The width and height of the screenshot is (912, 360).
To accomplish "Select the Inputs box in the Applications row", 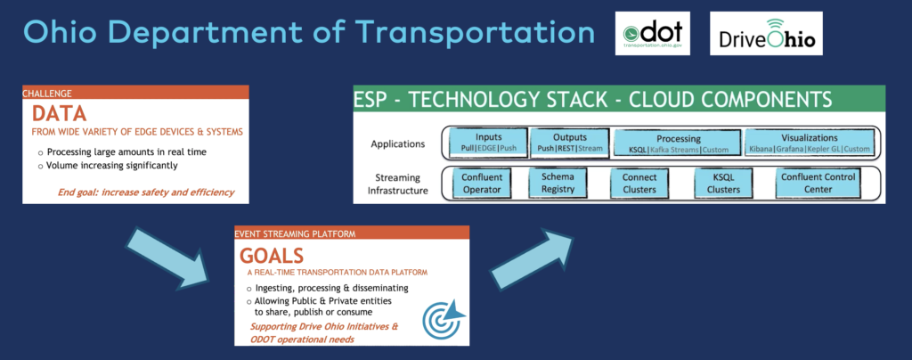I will click(x=483, y=143).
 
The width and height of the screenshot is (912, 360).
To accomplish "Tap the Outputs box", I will click(x=566, y=143).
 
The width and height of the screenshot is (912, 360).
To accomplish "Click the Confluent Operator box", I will click(x=483, y=183).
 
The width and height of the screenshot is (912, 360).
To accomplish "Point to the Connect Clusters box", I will click(x=639, y=183).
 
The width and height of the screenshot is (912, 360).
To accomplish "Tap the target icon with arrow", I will click(x=444, y=316).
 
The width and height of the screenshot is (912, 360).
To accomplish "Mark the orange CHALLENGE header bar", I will click(x=134, y=93).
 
